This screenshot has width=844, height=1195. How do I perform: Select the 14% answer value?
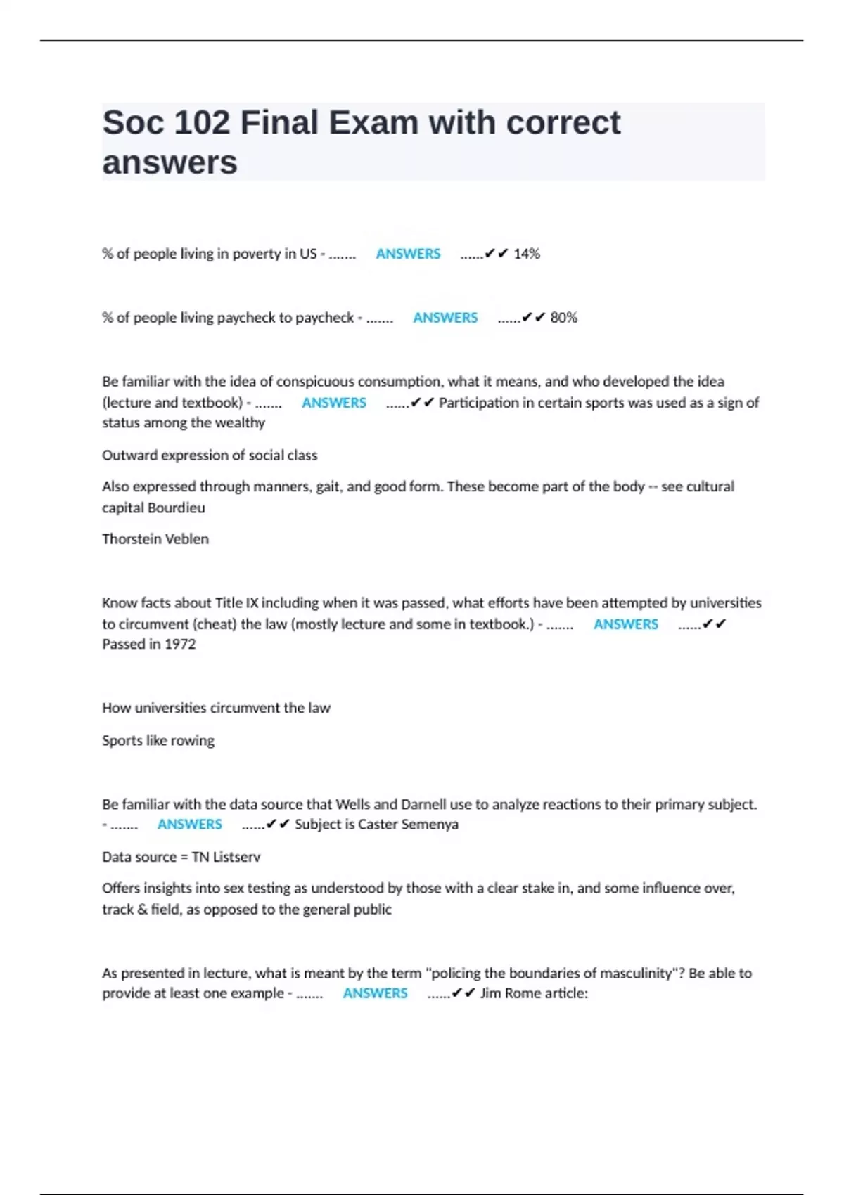point(527,254)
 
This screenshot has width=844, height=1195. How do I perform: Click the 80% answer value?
point(563,318)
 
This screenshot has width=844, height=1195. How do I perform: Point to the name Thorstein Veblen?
point(155,539)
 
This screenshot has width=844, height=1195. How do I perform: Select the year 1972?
point(180,644)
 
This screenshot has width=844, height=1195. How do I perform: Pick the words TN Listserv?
point(226,857)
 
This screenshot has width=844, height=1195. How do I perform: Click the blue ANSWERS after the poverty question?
point(408,254)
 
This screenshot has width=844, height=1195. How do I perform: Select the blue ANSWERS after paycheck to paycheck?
point(445,318)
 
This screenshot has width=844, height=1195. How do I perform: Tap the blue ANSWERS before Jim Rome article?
point(375,993)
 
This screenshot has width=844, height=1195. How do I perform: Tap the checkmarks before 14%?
point(497,254)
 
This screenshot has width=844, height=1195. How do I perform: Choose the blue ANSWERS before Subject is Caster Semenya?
point(189,824)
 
